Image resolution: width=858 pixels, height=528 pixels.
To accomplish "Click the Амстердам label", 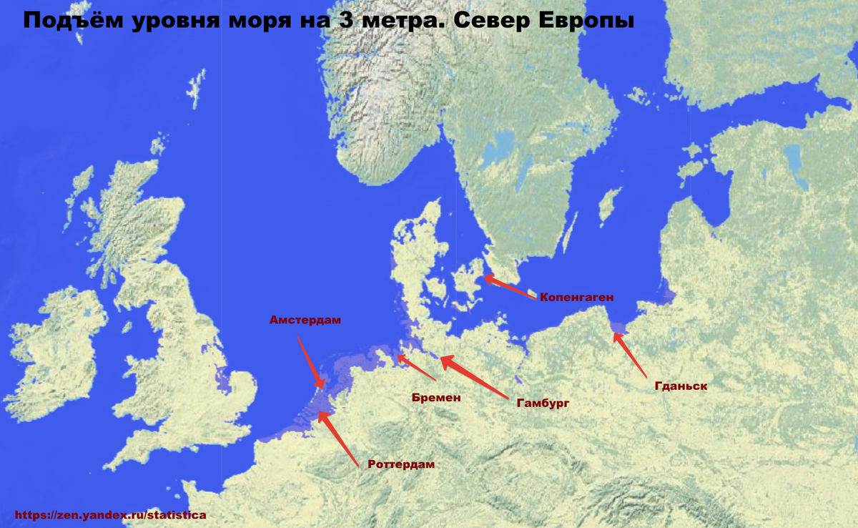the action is click(x=305, y=320).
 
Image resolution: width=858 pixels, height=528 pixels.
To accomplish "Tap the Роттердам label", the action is click(x=401, y=464).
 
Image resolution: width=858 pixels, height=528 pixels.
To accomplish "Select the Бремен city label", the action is click(x=435, y=397).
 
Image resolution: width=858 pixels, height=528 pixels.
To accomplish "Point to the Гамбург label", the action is click(x=543, y=404).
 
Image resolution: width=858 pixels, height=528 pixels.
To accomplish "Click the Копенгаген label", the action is click(x=577, y=296).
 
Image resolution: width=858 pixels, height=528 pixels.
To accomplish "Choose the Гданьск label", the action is click(x=681, y=386).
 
